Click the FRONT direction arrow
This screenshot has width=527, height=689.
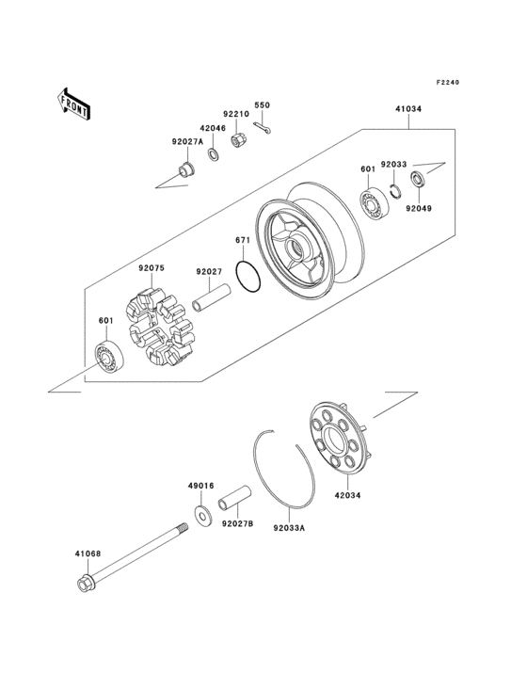pyautogui.click(x=74, y=103)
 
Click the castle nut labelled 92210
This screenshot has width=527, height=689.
pyautogui.click(x=239, y=144)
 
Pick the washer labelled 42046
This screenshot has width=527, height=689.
pyautogui.click(x=214, y=154)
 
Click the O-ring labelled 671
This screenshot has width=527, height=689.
pyautogui.click(x=248, y=277)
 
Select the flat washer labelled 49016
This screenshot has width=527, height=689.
pyautogui.click(x=202, y=515)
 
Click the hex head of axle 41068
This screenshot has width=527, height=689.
pyautogui.click(x=84, y=584)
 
